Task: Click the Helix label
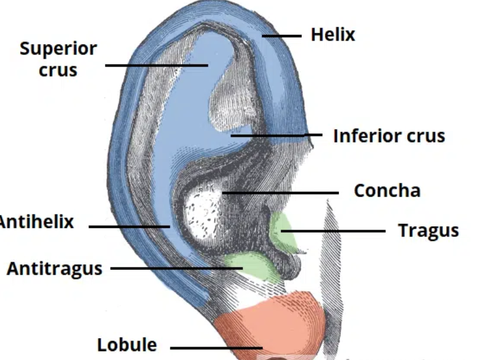[333, 35]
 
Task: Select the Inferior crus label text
[389, 136]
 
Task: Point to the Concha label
[387, 191]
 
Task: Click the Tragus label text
[428, 230]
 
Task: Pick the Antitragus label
[54, 268]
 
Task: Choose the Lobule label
[127, 345]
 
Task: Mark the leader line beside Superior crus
[157, 65]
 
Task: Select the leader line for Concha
[281, 192]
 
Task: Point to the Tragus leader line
[334, 231]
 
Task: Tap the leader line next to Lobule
[216, 348]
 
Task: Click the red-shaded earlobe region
[269, 323]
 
